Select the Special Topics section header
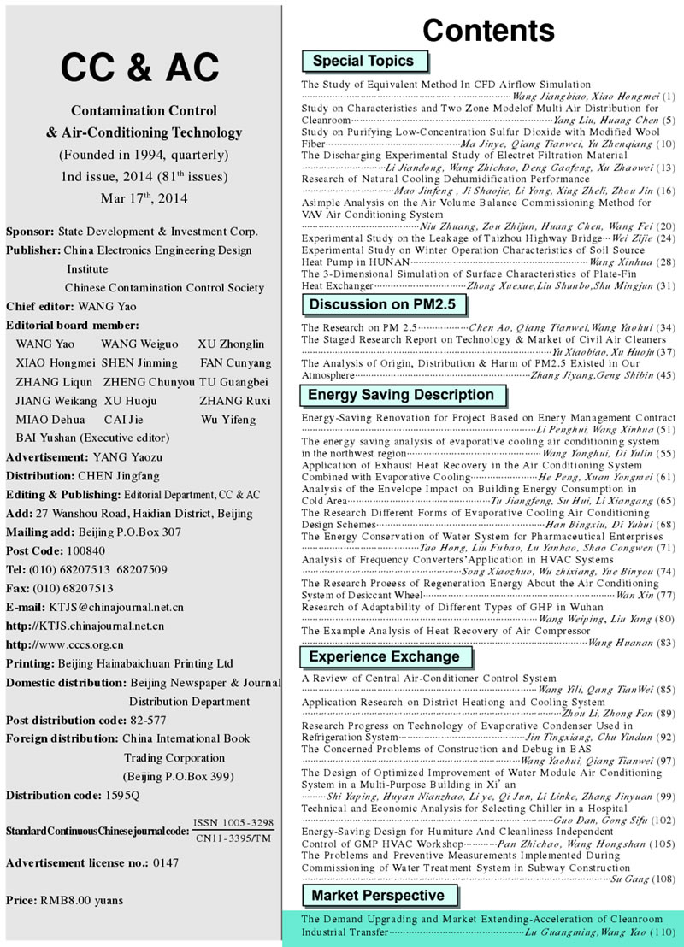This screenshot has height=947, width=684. [363, 61]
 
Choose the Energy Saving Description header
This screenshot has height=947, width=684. [401, 395]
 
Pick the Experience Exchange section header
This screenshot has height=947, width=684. [384, 656]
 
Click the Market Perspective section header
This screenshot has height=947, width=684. [378, 895]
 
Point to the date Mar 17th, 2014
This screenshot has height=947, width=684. [143, 198]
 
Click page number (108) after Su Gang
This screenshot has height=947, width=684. [663, 878]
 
